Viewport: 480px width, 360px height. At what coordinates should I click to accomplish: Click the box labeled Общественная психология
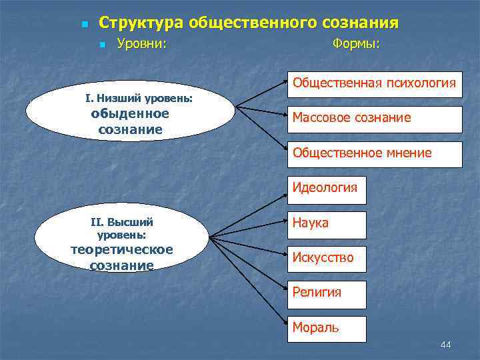(375, 85)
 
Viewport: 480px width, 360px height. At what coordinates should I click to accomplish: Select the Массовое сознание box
(375, 119)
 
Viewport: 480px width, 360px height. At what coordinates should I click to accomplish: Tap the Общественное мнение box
(375, 154)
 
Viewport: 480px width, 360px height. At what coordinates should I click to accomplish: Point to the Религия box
(327, 293)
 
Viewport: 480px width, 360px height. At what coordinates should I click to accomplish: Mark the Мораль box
(327, 329)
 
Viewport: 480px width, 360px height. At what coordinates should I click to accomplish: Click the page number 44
(446, 345)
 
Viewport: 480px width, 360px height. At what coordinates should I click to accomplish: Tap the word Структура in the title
(141, 23)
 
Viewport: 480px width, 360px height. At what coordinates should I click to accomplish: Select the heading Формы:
(355, 45)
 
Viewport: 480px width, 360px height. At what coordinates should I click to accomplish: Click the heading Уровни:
(141, 45)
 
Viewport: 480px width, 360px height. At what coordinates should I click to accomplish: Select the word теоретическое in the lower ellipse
(122, 249)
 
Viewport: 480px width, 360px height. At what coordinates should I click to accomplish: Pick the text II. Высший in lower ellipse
(122, 223)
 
